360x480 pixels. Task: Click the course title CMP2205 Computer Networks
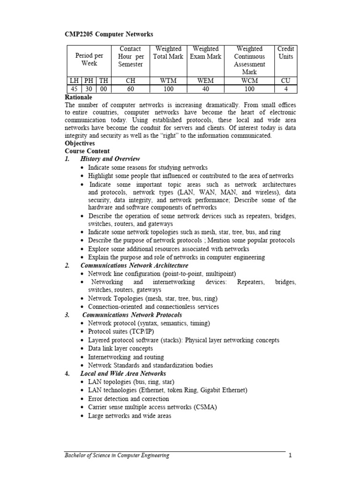109,34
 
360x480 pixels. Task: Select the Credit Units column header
285,52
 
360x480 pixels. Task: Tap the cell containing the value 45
73,89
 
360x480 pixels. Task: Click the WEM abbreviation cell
205,80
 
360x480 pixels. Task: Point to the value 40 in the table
205,89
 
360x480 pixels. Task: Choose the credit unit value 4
285,89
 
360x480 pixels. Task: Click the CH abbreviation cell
130,80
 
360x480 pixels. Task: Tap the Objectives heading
79,143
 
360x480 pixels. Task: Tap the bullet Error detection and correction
128,399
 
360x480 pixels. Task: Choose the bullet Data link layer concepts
120,348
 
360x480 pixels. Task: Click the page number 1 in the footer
290,455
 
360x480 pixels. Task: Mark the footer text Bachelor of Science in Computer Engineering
117,455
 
